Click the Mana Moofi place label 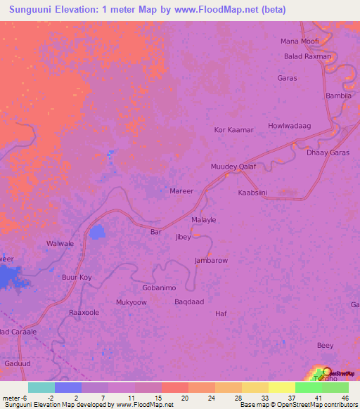pos(300,41)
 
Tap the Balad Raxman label pos(307,56)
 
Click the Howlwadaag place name pos(289,126)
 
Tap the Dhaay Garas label pos(329,152)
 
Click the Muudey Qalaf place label pos(233,167)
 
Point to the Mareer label pos(181,190)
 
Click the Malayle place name pos(204,220)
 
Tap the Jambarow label pos(211,260)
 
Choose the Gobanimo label pos(159,288)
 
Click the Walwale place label pos(60,244)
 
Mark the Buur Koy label pos(77,278)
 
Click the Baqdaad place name pos(189,301)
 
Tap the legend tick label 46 pos(345,398)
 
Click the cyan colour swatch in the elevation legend pos(41,387)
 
